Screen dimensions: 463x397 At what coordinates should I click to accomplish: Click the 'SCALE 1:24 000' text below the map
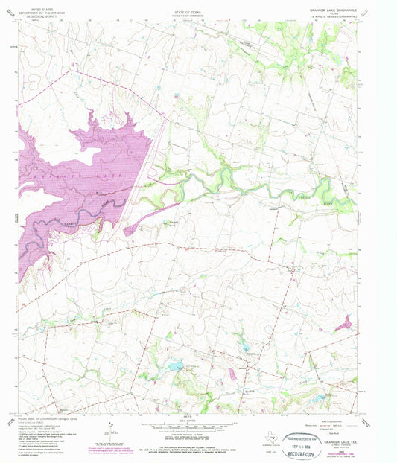(x=191, y=421)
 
